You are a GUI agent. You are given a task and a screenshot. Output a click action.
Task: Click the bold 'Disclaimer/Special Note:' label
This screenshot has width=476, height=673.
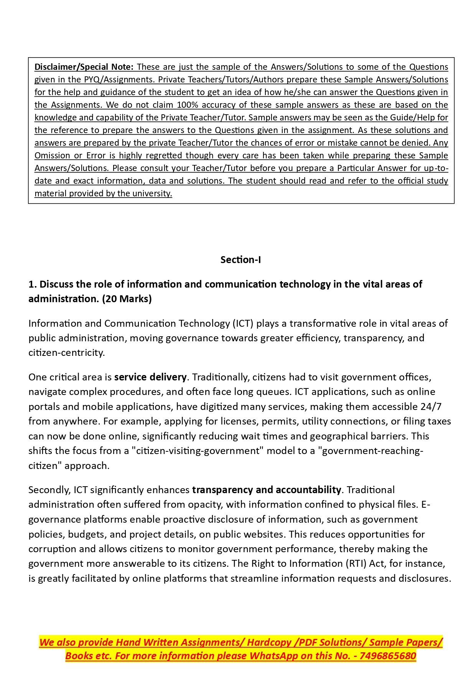coord(84,67)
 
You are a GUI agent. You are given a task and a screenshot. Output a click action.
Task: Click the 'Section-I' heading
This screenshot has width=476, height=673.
coord(240,260)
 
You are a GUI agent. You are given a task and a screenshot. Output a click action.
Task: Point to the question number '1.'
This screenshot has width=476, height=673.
coord(33,284)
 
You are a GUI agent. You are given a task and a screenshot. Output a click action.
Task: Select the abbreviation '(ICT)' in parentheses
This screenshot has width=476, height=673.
coord(243,323)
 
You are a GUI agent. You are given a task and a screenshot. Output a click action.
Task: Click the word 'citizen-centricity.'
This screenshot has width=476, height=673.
coord(66,352)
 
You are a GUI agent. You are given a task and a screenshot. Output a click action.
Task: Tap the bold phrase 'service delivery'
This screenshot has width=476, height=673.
coord(150,377)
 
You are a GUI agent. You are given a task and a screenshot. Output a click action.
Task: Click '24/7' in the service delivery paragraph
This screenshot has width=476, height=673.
coord(431,406)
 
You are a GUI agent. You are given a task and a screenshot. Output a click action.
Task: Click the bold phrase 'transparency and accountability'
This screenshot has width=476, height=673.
coord(266,490)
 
